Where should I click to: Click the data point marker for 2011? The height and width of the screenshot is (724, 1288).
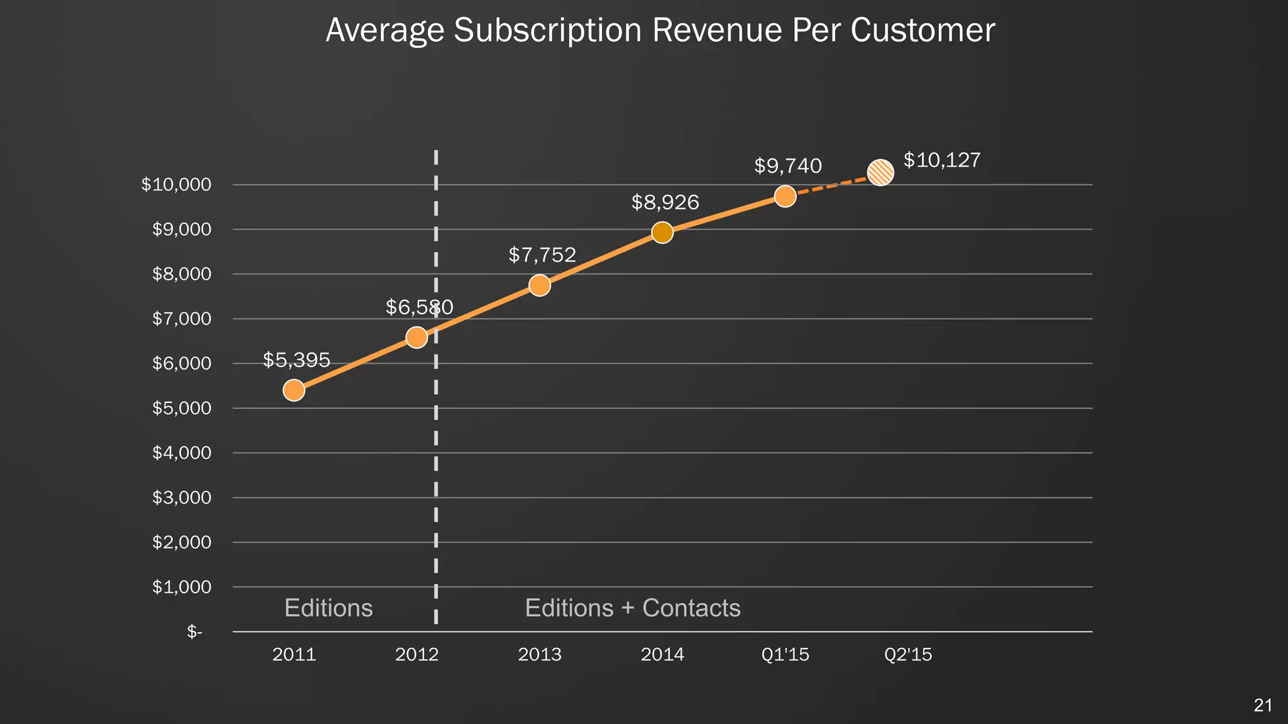294,390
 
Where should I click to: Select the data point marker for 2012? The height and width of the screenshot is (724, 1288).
416,337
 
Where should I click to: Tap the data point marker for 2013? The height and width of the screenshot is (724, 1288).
540,285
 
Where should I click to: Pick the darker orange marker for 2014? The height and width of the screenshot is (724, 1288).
662,233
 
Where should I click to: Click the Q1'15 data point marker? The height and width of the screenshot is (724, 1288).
785,196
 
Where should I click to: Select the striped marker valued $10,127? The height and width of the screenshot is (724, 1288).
880,172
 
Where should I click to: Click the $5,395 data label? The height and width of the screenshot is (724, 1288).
296,360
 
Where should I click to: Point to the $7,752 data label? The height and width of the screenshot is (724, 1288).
542,255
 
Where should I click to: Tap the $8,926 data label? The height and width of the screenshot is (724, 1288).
665,202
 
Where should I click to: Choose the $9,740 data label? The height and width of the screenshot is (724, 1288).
788,166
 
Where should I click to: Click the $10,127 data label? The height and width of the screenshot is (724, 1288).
941,160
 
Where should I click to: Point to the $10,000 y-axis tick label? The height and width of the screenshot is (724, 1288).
176,185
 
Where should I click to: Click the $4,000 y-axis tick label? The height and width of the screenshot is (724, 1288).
182,452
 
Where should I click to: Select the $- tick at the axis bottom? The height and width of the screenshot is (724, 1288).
194,632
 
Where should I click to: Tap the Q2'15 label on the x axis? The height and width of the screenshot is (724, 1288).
908,655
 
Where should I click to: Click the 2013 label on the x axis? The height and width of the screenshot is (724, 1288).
540,655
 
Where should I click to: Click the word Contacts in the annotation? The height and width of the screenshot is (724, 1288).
691,608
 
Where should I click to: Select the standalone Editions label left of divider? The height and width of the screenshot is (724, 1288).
328,608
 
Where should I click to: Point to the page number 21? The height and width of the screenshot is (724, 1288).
1263,705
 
